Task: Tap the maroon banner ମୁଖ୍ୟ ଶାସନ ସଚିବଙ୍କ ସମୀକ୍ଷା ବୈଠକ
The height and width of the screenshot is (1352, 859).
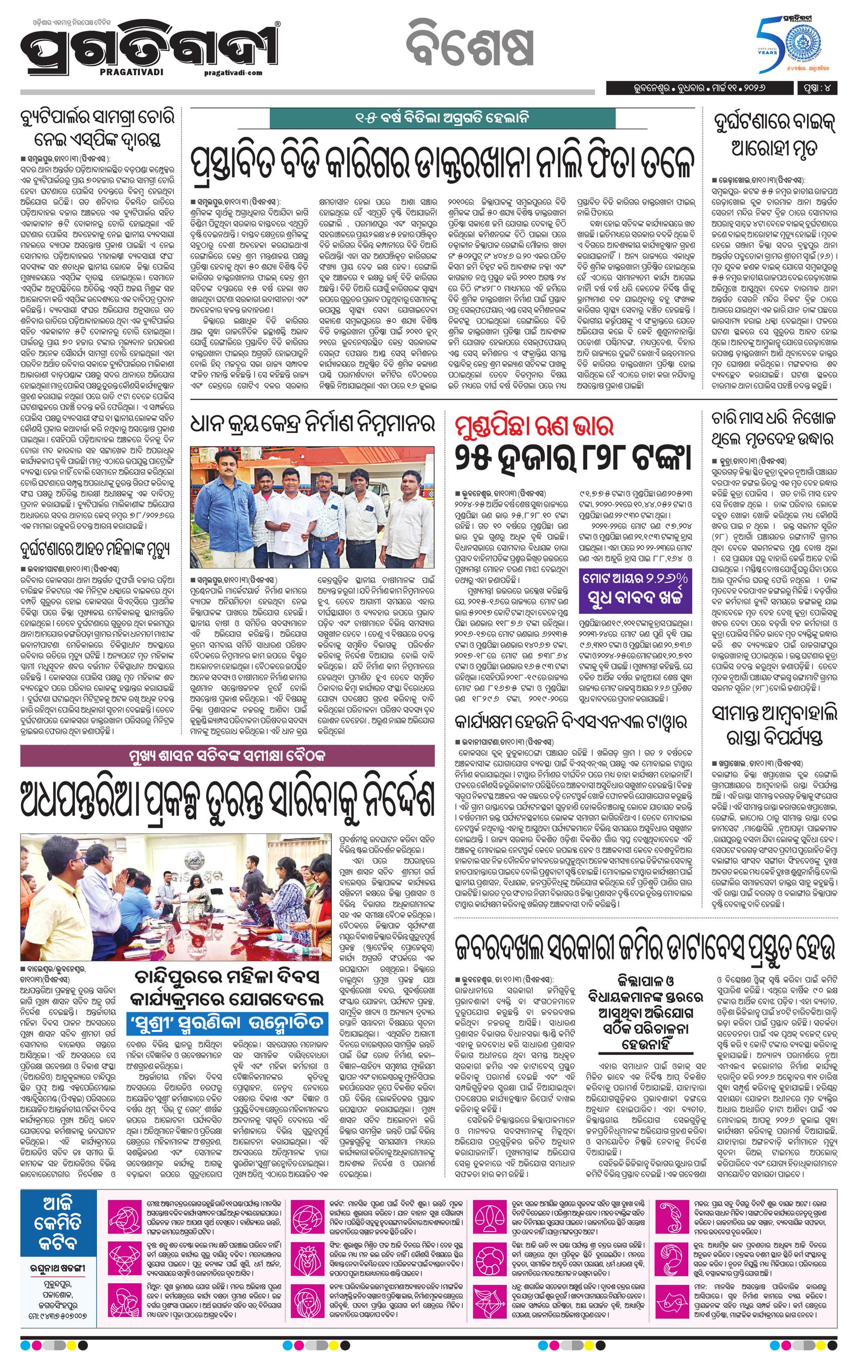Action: point(227,755)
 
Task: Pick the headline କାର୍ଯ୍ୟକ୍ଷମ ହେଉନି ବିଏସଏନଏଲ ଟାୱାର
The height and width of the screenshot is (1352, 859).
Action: point(571,722)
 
